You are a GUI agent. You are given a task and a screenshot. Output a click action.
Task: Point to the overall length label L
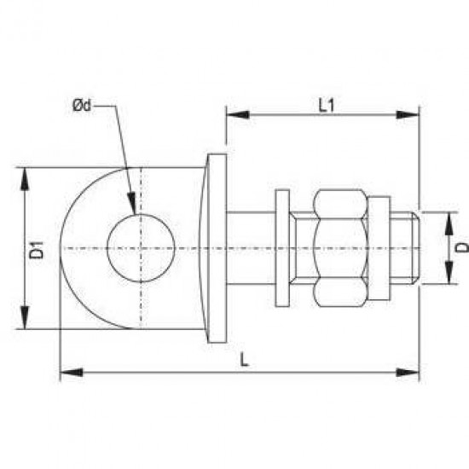[x=244, y=361]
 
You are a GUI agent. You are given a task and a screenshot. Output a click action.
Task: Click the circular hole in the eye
[x=141, y=248]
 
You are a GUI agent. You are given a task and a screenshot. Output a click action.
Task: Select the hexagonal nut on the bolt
[x=341, y=247]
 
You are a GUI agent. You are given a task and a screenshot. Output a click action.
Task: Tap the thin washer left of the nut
[x=283, y=247]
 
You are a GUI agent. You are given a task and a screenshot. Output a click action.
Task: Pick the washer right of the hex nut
[x=380, y=247]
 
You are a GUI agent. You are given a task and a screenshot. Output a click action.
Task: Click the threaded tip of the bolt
[x=408, y=247]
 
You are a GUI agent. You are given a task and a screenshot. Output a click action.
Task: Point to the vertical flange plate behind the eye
[x=217, y=247]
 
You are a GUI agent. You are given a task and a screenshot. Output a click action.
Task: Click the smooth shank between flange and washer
[x=252, y=247]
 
